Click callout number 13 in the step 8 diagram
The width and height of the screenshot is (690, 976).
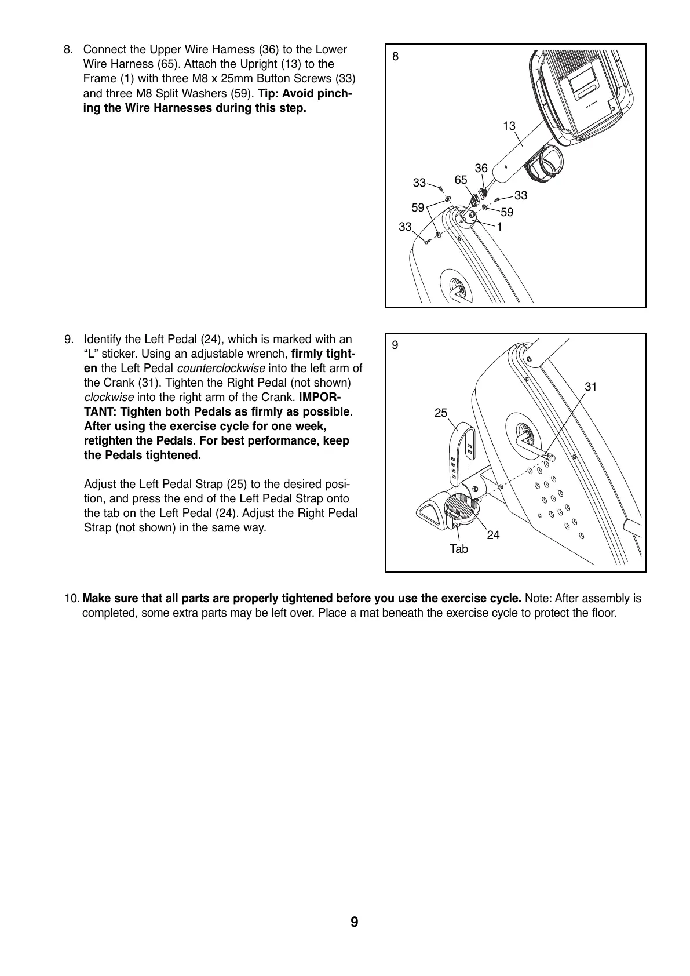click(509, 126)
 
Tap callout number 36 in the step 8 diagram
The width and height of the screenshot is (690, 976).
click(481, 168)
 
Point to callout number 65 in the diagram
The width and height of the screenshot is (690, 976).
click(461, 180)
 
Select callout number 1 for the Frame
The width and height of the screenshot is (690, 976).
click(499, 227)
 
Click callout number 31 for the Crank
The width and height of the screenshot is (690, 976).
click(590, 387)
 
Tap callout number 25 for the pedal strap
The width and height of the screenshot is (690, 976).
click(441, 413)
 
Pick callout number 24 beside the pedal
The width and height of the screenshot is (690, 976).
click(493, 535)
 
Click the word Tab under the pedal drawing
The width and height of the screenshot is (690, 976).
click(458, 549)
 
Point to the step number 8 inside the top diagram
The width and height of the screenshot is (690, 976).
click(396, 56)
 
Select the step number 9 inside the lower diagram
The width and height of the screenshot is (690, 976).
click(395, 345)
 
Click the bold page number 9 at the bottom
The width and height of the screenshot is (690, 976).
click(354, 922)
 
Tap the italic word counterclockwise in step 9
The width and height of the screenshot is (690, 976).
click(221, 369)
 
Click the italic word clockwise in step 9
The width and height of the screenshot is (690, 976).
click(109, 398)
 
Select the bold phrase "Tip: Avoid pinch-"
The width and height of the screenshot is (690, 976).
click(304, 93)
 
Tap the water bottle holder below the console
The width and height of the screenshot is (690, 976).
click(543, 163)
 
